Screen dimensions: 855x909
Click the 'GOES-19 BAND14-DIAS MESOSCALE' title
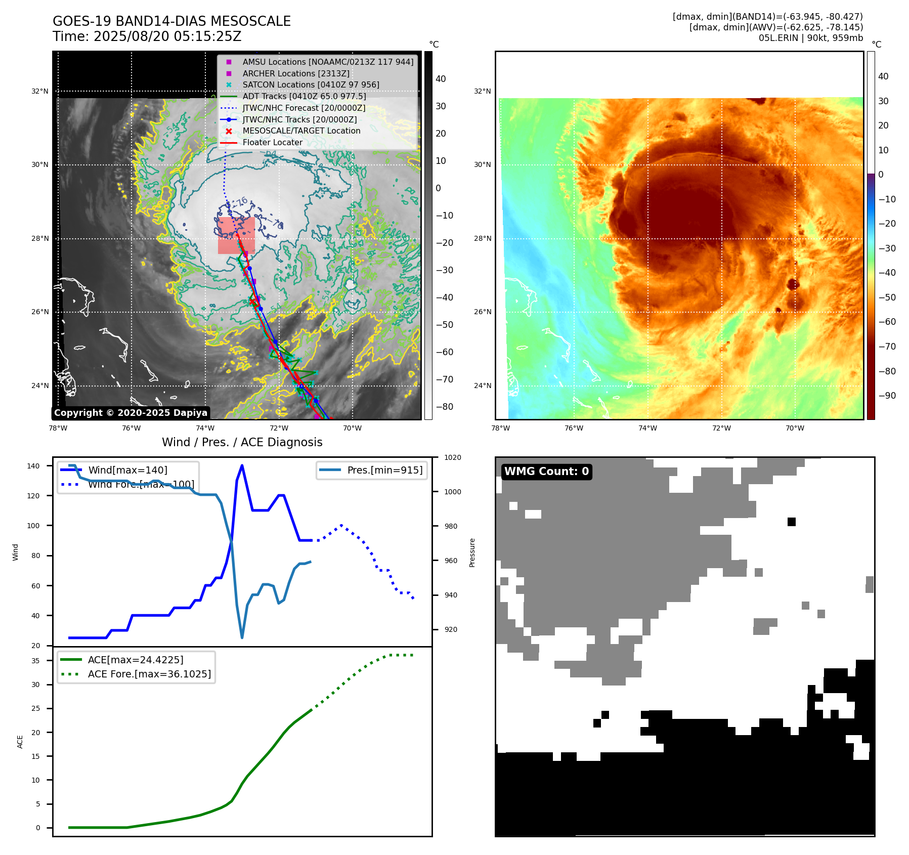click(171, 21)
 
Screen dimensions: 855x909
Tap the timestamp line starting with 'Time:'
click(147, 37)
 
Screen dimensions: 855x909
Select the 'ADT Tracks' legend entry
click(304, 96)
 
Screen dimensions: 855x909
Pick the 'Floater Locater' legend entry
click(272, 143)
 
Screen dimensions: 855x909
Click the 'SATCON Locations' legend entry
click(311, 84)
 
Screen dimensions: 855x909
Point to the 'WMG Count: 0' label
click(546, 472)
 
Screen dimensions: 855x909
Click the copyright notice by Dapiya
click(131, 413)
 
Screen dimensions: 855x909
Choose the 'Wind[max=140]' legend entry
click(127, 470)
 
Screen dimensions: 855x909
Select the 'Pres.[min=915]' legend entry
click(384, 470)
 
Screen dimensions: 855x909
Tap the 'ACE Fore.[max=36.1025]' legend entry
click(149, 674)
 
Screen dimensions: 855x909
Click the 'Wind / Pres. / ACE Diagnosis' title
click(242, 442)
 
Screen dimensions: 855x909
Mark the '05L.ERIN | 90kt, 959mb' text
click(810, 38)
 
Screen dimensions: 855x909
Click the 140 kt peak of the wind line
click(242, 465)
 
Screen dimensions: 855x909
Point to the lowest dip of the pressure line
click(242, 637)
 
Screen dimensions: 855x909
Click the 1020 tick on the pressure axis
click(452, 457)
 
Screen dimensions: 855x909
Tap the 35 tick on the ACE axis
click(35, 661)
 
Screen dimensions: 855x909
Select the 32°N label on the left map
click(40, 92)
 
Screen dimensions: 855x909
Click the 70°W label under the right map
click(795, 428)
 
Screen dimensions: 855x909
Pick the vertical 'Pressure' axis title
click(472, 552)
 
